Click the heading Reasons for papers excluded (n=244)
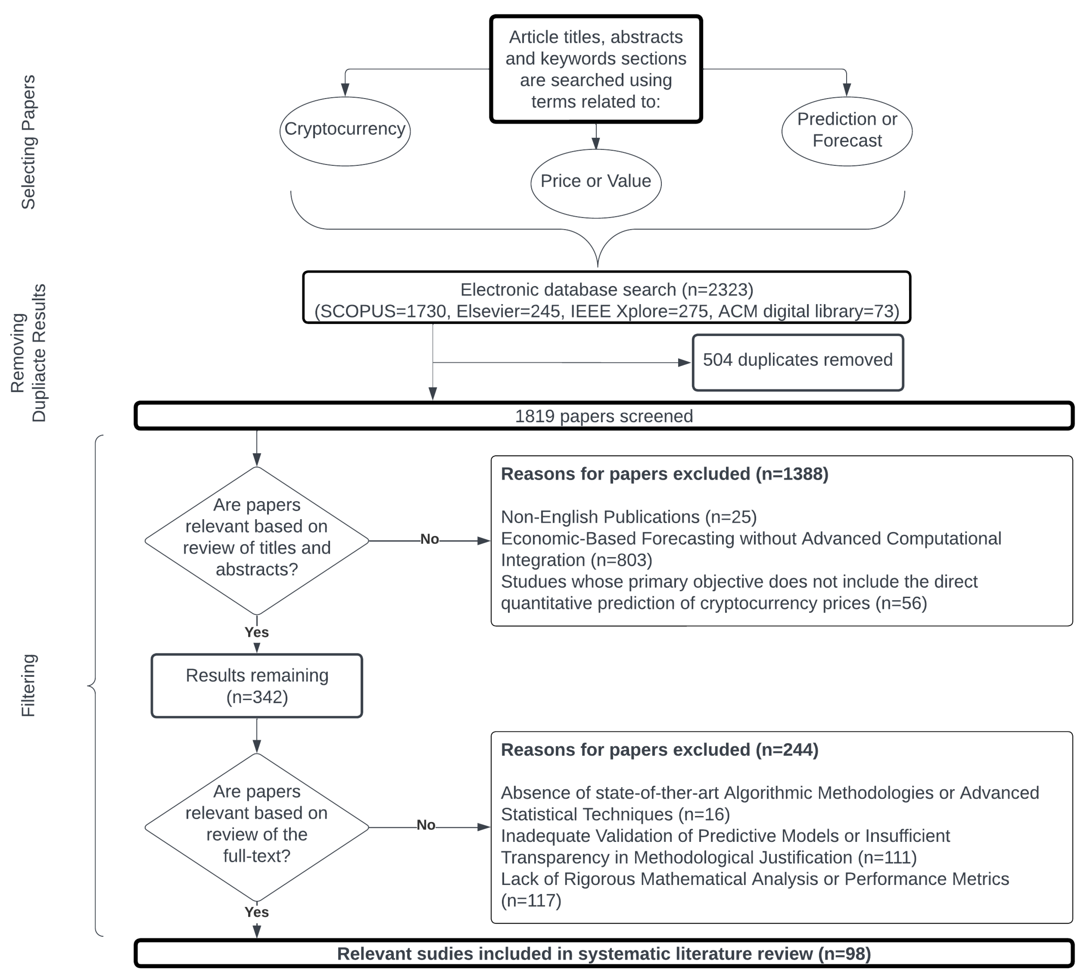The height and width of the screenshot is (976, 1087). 659,750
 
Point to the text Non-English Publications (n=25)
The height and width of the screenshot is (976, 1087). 628,517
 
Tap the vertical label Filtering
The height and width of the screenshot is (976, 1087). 28,685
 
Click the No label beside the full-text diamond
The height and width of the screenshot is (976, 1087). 426,825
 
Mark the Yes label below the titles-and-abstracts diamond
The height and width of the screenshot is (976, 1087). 256,632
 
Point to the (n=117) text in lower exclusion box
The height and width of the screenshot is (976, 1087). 531,900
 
